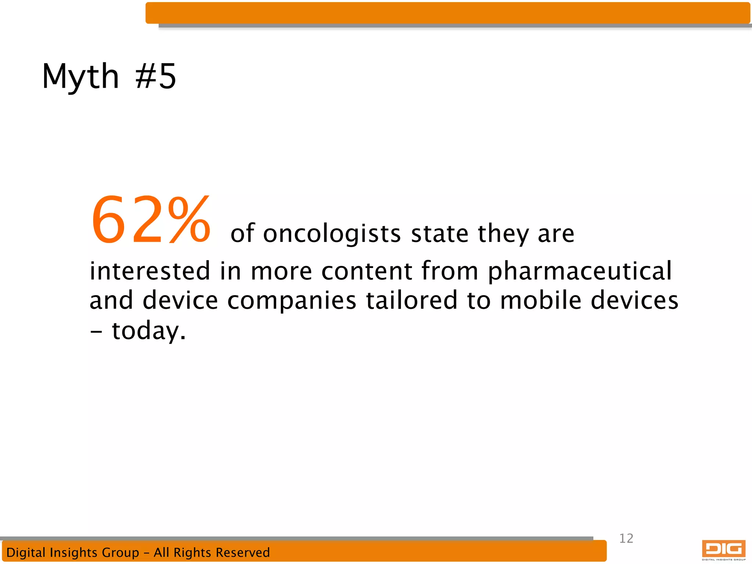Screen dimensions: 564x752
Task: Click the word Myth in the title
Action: coord(80,77)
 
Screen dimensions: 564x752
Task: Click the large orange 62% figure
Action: coord(151,220)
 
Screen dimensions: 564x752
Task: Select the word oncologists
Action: coord(332,234)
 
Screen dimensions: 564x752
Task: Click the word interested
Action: coord(150,271)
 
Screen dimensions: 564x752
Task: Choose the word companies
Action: coord(292,300)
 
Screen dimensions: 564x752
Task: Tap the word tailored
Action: coord(412,300)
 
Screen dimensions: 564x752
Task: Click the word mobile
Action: coord(541,300)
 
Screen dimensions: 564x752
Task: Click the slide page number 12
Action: coord(626,538)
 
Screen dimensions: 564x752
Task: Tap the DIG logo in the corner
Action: coord(723,550)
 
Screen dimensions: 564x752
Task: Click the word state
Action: coord(440,234)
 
